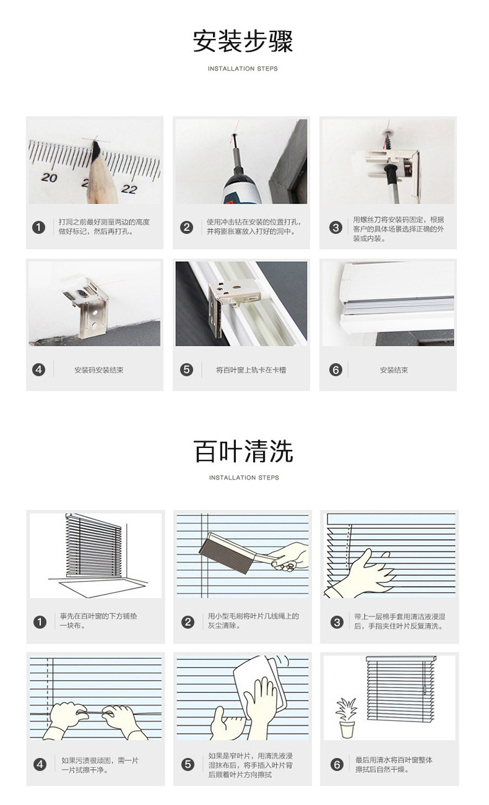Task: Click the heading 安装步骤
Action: pyautogui.click(x=243, y=41)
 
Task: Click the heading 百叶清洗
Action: pyautogui.click(x=243, y=451)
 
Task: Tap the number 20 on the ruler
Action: pyautogui.click(x=49, y=178)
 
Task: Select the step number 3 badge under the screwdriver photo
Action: pyautogui.click(x=335, y=228)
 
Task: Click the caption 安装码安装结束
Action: pyautogui.click(x=99, y=370)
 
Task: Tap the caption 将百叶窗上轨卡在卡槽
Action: pyautogui.click(x=251, y=370)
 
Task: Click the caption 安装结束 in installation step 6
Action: pyautogui.click(x=394, y=370)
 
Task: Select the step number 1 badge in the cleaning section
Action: pyautogui.click(x=40, y=622)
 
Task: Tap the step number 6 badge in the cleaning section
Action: pyautogui.click(x=337, y=765)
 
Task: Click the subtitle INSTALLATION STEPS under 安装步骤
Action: pyautogui.click(x=243, y=69)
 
